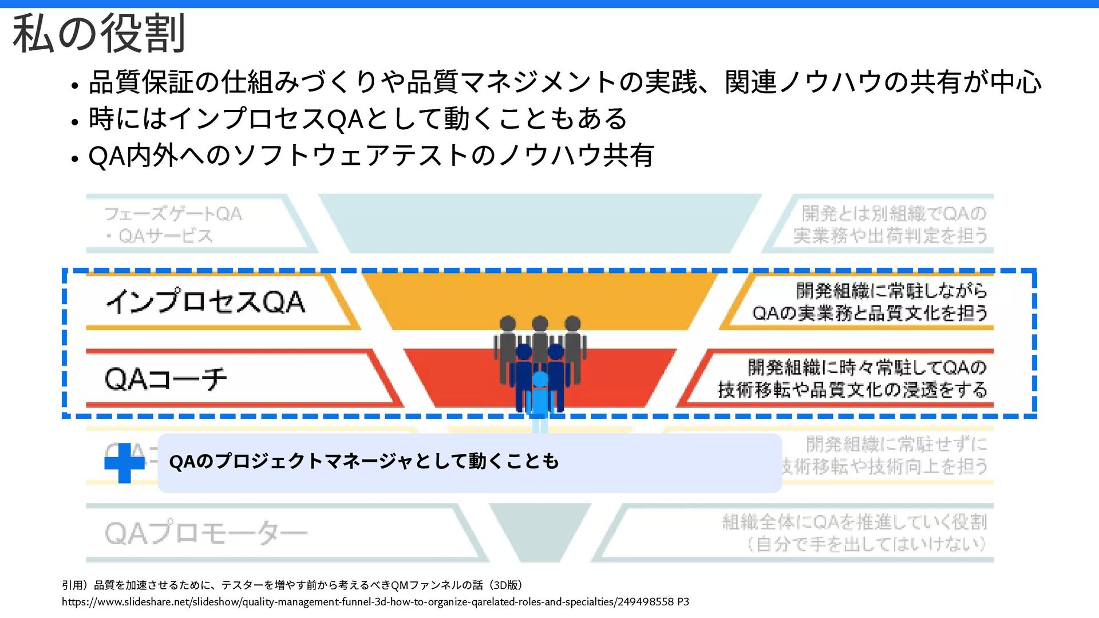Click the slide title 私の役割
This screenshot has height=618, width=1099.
tap(98, 34)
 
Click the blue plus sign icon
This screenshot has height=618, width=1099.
tap(124, 462)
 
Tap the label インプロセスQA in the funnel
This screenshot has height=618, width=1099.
tap(205, 302)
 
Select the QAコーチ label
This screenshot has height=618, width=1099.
tap(166, 379)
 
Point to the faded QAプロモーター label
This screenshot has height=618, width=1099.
tap(206, 533)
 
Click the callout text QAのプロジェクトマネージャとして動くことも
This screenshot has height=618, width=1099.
tap(364, 461)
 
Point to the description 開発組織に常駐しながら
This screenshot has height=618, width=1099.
tap(891, 291)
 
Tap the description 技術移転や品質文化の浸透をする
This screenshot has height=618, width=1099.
tap(852, 390)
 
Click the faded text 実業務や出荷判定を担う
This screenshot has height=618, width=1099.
tap(890, 236)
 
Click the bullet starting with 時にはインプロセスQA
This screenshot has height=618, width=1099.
tap(358, 119)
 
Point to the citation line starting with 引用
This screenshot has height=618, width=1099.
tap(292, 585)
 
